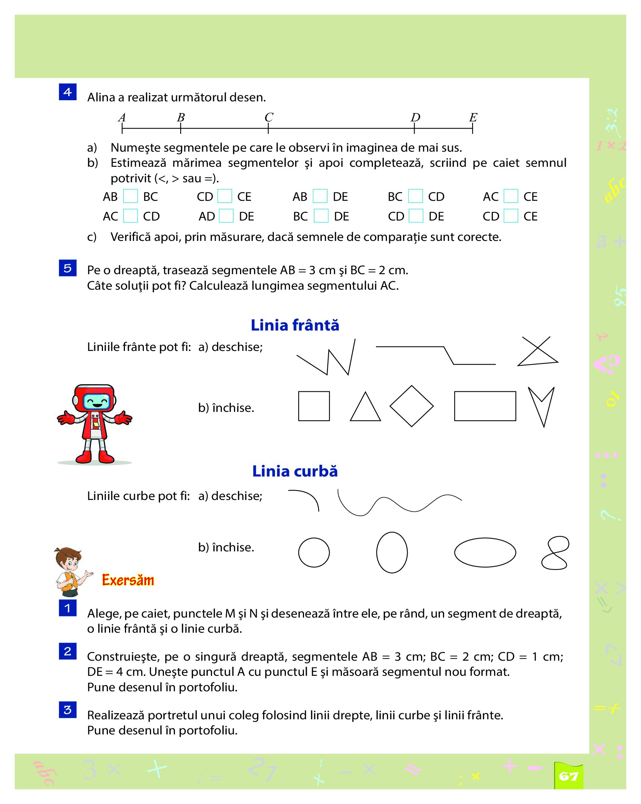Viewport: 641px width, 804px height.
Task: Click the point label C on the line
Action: click(269, 117)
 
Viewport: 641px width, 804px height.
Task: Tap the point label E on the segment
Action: click(473, 117)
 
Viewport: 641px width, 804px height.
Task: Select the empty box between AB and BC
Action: click(131, 196)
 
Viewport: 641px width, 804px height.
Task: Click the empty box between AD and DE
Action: click(226, 216)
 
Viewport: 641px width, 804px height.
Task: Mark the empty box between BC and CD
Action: click(415, 196)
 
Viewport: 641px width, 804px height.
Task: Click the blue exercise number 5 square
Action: click(68, 268)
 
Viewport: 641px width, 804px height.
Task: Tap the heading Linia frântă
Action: click(295, 325)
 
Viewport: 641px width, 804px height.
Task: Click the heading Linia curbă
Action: click(295, 471)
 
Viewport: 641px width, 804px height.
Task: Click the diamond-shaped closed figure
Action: click(412, 406)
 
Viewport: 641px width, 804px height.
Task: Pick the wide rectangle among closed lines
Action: click(485, 406)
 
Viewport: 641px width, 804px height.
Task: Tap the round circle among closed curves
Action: click(314, 553)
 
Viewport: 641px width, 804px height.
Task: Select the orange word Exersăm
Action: click(128, 580)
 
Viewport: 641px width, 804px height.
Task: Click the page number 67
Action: click(568, 776)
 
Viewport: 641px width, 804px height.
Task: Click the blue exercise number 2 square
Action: click(68, 651)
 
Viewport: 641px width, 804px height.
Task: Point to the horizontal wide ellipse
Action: click(485, 553)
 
